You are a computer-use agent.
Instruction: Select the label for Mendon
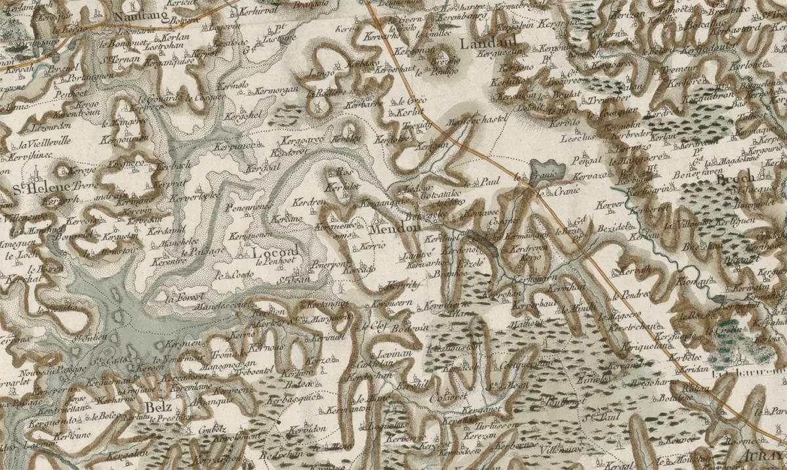(395, 230)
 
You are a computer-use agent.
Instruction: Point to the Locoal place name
(274, 251)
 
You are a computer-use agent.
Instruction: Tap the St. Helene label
(32, 190)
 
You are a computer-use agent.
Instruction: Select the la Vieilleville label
(45, 144)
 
